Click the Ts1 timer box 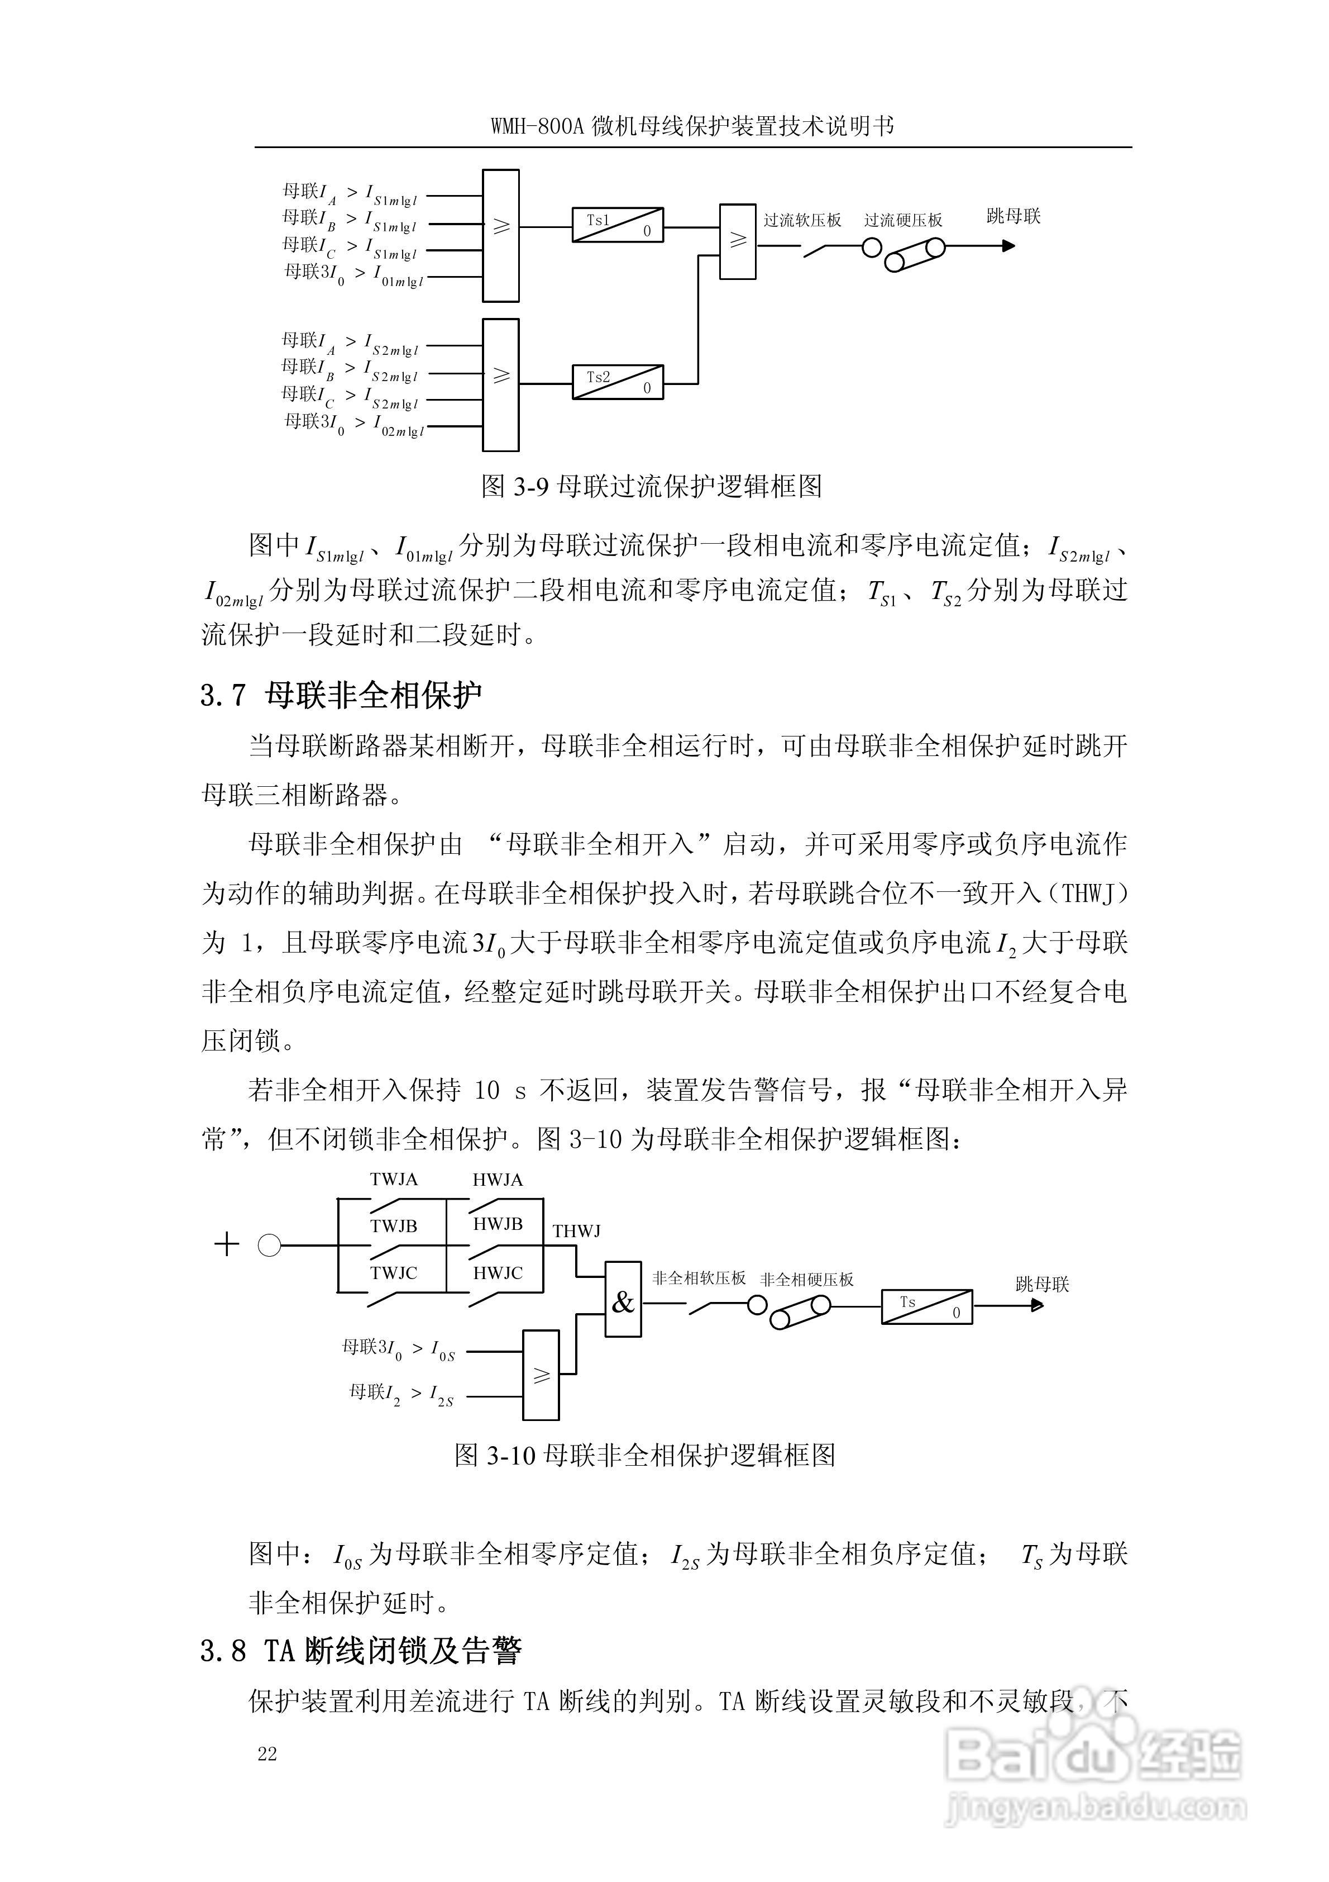point(617,225)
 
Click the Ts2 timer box point(617,382)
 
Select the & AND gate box point(623,1301)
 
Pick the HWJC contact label point(498,1273)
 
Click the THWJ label point(576,1231)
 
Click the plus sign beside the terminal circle point(226,1246)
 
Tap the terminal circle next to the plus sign point(270,1246)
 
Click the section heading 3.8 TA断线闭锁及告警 point(361,1651)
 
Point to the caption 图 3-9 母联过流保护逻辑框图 point(652,486)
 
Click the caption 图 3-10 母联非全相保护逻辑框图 point(645,1455)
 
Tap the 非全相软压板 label point(699,1278)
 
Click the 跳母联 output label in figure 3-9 point(1014,216)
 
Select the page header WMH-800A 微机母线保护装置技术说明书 point(692,127)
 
